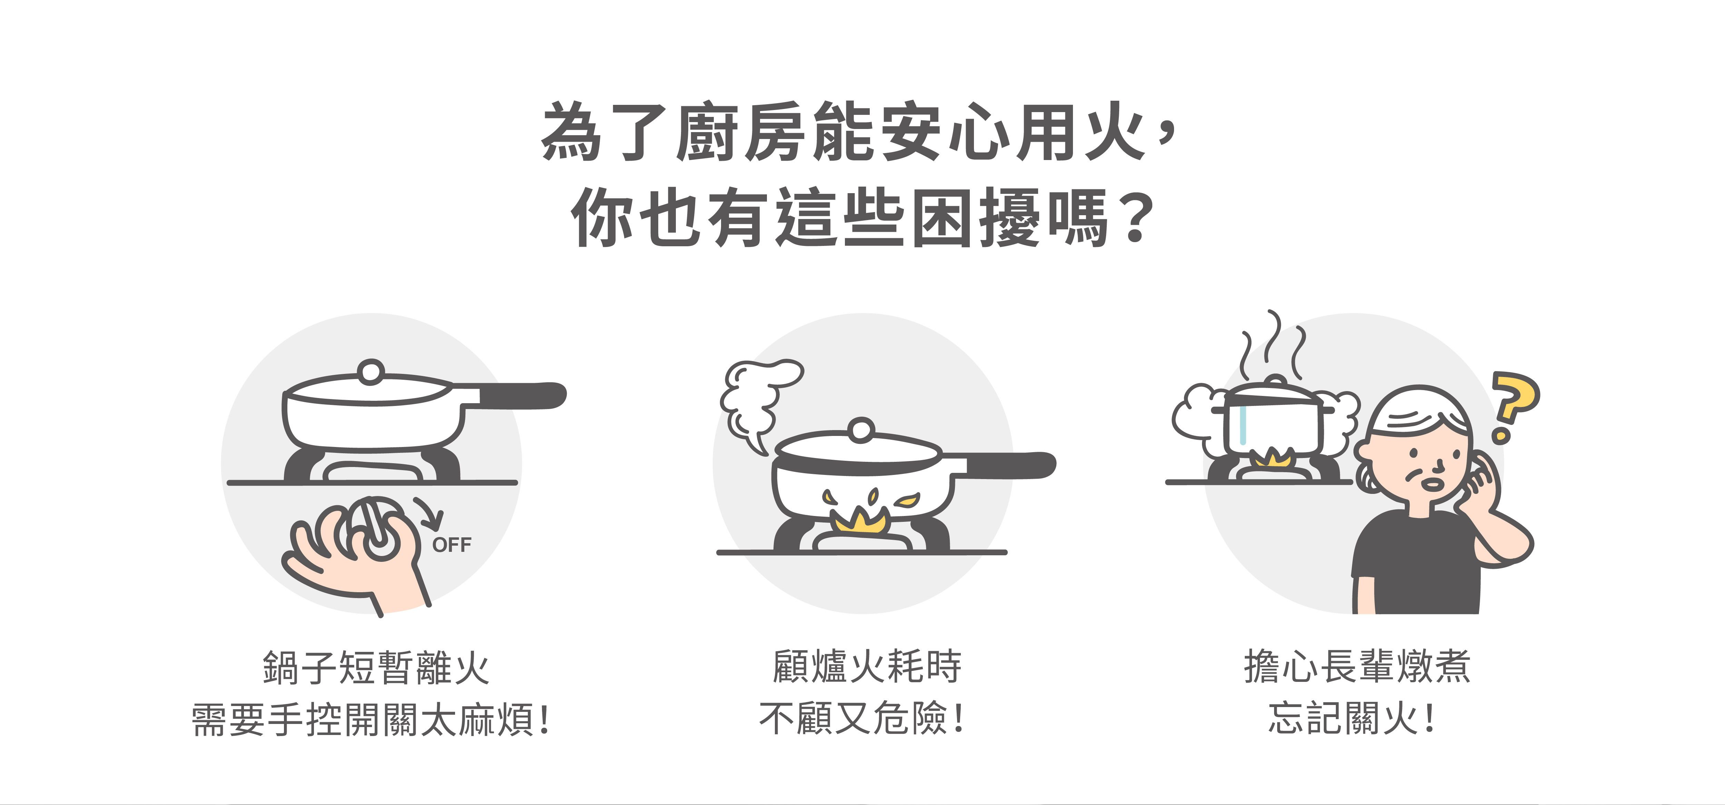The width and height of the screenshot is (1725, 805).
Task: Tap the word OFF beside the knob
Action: pyautogui.click(x=452, y=545)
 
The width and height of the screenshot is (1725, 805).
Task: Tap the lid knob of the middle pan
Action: pyautogui.click(x=862, y=430)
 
